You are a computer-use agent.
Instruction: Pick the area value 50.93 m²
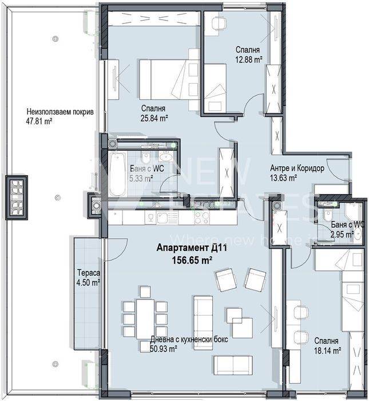(x=163, y=348)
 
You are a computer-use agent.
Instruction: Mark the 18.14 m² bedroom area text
(x=327, y=350)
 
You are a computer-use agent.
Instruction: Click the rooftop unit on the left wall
(x=15, y=198)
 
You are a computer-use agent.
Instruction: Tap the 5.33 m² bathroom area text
(x=141, y=179)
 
